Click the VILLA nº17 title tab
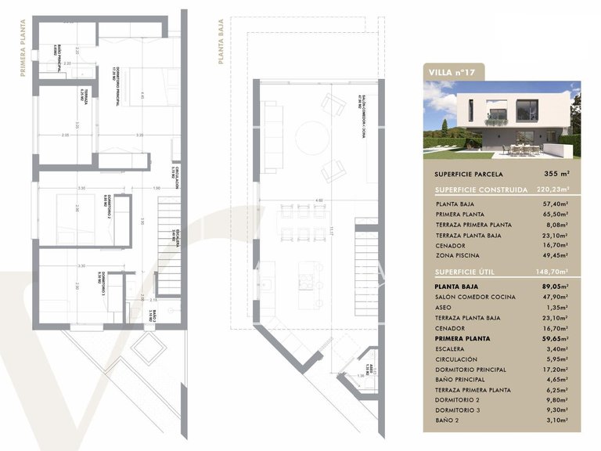(x=453, y=73)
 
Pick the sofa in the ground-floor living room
(x=273, y=137)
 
